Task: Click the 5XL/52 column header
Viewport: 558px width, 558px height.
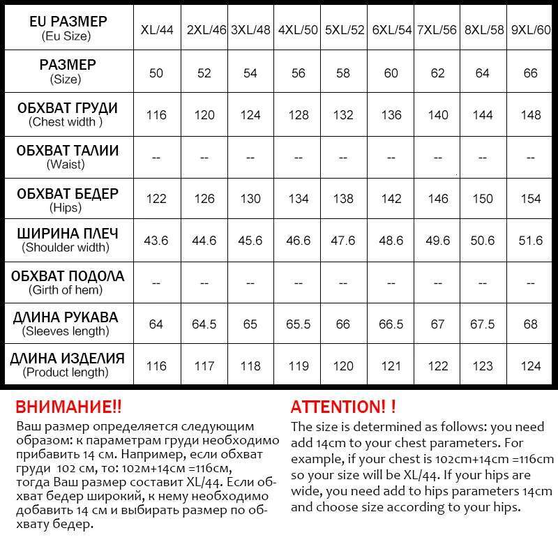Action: point(345,30)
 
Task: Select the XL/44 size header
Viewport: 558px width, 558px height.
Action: point(157,30)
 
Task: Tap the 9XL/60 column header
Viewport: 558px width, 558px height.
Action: point(531,30)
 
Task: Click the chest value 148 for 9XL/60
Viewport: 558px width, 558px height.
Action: point(531,114)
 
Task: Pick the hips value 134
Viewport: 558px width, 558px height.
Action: point(298,199)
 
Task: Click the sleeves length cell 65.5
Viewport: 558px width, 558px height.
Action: point(298,324)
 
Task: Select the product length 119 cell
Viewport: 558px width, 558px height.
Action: point(298,366)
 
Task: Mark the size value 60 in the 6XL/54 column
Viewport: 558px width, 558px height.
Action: point(391,73)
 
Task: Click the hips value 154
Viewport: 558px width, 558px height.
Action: point(531,199)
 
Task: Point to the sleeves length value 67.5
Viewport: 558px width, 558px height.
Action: point(484,324)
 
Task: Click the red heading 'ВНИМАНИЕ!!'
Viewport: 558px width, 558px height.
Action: point(68,407)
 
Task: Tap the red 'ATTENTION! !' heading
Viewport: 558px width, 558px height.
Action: point(343,407)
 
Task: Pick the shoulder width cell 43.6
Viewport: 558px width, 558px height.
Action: point(156,241)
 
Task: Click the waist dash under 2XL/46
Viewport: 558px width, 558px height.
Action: point(204,158)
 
